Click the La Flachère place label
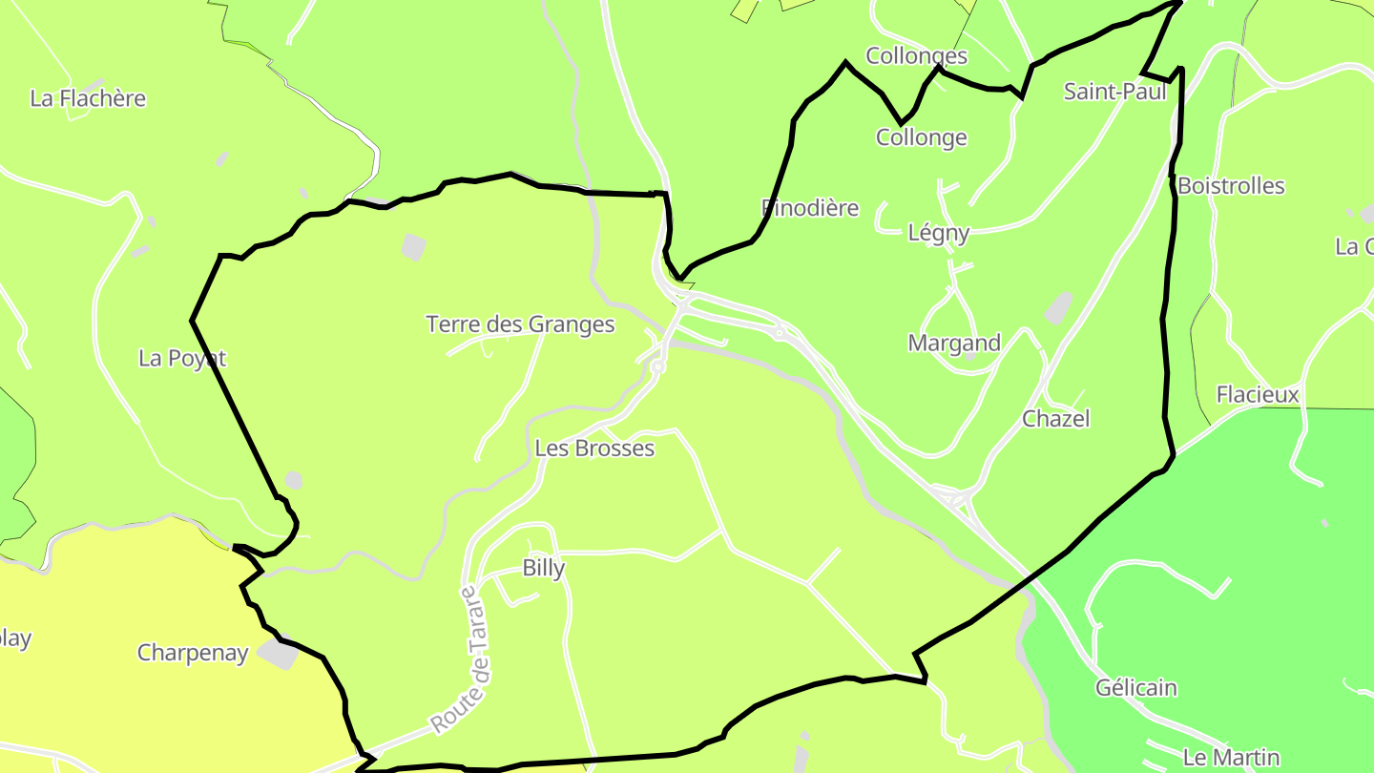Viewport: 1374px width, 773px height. (88, 98)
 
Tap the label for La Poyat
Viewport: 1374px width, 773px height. (182, 358)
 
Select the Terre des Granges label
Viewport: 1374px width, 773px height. (520, 324)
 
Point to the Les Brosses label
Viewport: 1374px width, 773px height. (594, 449)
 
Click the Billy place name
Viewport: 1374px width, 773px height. (544, 568)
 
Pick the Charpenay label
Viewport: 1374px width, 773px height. (193, 653)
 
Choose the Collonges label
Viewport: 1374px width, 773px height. (916, 55)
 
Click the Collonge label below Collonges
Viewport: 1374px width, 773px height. (921, 137)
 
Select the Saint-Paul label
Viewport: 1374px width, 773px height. (1114, 92)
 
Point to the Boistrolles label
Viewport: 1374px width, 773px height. (1231, 186)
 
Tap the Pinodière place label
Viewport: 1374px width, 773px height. (810, 208)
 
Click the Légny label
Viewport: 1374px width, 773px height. (938, 233)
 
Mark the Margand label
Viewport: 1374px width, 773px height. (954, 343)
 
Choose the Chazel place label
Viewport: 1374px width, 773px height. (1055, 419)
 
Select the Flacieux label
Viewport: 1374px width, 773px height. (1258, 394)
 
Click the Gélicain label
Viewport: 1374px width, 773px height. (1135, 688)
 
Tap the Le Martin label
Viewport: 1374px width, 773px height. (1230, 758)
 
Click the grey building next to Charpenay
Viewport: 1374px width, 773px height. (278, 655)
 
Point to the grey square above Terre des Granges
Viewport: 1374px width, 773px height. (413, 247)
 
